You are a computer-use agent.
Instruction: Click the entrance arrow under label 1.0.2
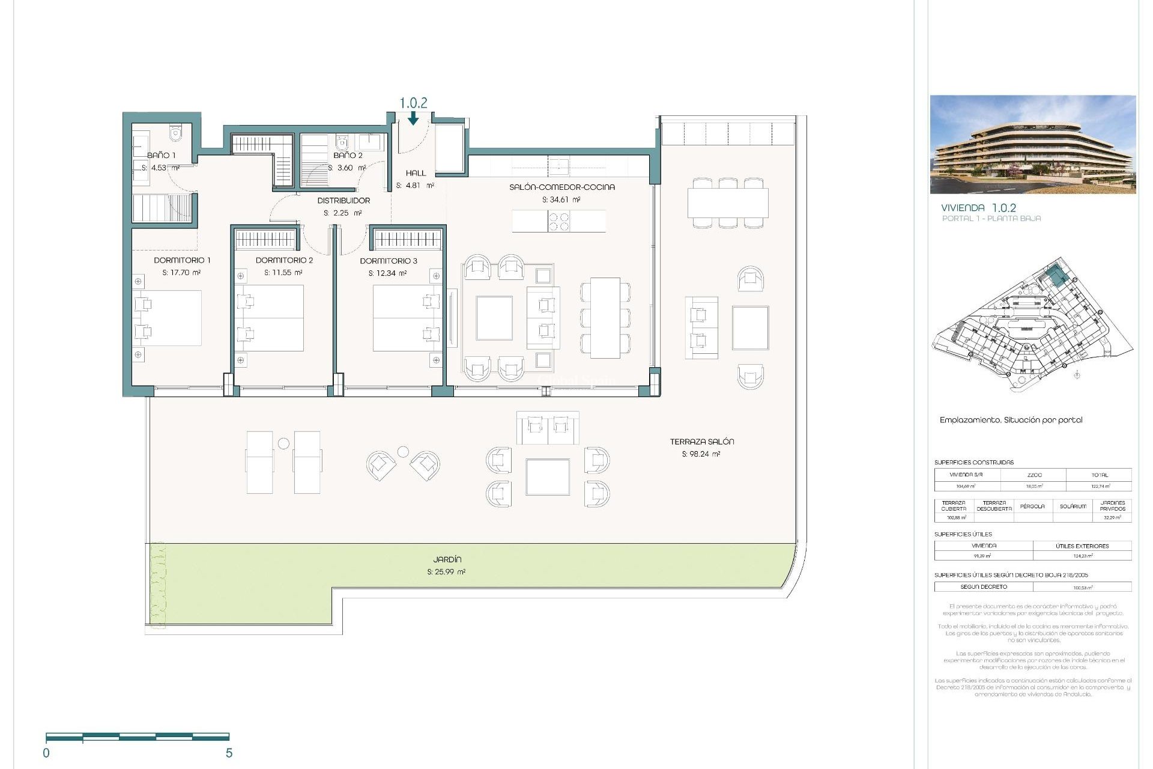click(413, 119)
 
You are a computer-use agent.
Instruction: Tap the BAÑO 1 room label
click(162, 155)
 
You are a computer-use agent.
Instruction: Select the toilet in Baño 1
click(175, 133)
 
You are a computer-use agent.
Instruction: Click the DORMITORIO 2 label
click(284, 260)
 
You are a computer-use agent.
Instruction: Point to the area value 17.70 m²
click(181, 273)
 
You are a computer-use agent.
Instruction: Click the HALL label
click(416, 173)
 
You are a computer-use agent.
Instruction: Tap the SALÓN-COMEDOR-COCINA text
click(561, 187)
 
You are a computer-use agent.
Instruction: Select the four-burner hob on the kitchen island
click(558, 222)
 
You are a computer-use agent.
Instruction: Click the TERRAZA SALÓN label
click(701, 442)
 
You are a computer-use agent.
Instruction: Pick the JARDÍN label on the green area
click(447, 559)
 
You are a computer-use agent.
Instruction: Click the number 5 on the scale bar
click(229, 753)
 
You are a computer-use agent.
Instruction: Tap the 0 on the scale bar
click(46, 753)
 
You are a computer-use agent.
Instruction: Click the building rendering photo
click(1032, 144)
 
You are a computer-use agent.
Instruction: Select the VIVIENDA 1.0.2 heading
click(978, 208)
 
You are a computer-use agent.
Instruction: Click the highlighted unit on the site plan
click(1055, 276)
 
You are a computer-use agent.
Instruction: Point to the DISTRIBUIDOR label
click(343, 201)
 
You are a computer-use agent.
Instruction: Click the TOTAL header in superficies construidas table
click(1100, 475)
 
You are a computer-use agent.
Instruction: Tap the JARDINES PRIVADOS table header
click(1112, 506)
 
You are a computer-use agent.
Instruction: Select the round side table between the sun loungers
click(283, 443)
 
